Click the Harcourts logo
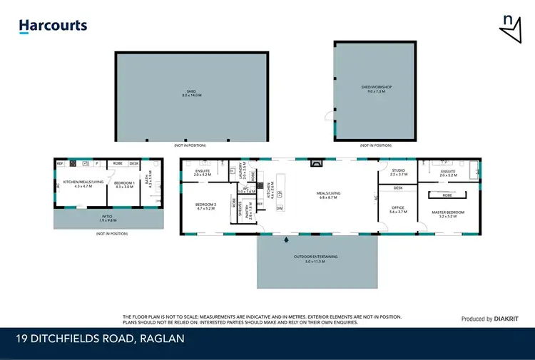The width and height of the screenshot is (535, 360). click(x=53, y=26)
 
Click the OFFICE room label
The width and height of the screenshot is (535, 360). click(x=397, y=210)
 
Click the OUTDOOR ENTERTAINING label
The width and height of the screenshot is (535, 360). click(x=315, y=259)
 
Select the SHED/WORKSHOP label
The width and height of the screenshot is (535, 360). click(x=376, y=89)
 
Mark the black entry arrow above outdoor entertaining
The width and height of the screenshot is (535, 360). click(x=287, y=239)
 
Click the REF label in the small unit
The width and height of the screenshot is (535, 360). click(x=61, y=163)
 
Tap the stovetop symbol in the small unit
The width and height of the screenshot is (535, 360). click(x=73, y=163)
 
